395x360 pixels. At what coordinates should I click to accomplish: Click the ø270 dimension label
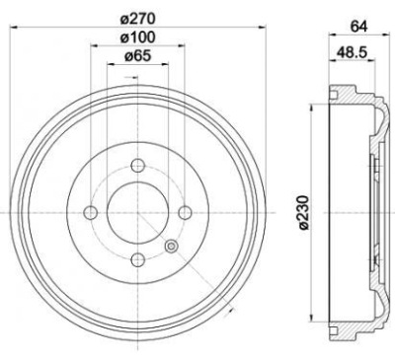click(137, 19)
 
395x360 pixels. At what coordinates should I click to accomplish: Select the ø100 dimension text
click(137, 37)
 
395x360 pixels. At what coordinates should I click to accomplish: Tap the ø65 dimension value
click(137, 56)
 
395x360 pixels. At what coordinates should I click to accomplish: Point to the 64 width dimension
click(358, 27)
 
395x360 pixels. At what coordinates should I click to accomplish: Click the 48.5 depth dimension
click(352, 52)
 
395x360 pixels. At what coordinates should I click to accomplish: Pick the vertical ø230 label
click(302, 212)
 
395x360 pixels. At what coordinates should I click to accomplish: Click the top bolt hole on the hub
click(137, 165)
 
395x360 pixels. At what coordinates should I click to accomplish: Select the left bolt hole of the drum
click(90, 213)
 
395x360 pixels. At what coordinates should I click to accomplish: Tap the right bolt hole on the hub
click(185, 213)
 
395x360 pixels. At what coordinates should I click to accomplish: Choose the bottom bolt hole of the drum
click(137, 260)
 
